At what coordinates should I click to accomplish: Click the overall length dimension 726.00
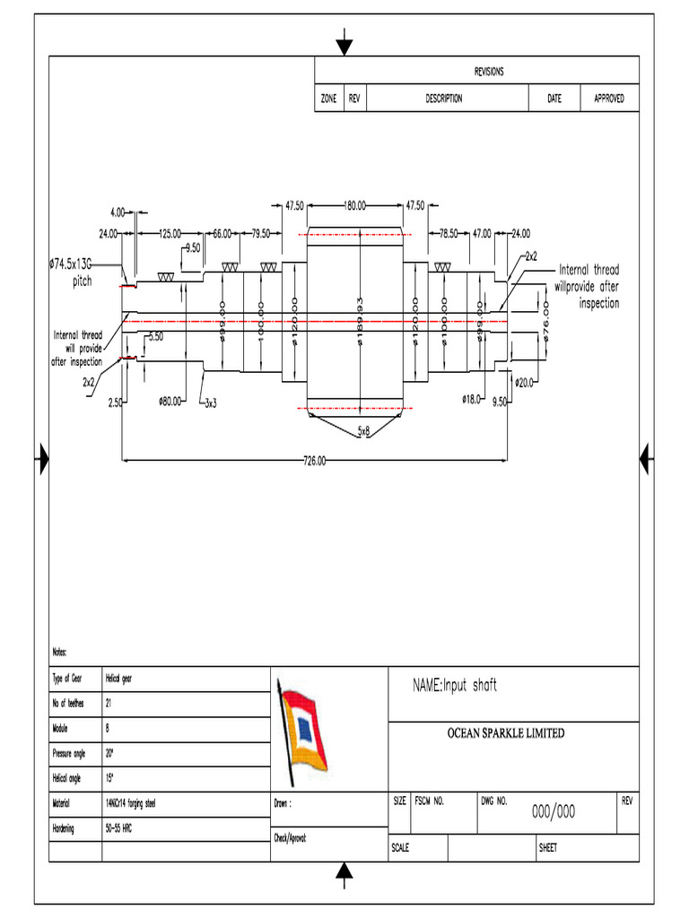[315, 462]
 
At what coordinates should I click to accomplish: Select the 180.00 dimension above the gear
[356, 205]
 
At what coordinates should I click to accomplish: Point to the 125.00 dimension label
[170, 233]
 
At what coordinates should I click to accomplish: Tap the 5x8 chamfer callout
[363, 432]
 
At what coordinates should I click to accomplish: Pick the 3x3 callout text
[212, 403]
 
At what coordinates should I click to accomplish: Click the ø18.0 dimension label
[473, 397]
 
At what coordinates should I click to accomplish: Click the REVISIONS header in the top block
[489, 72]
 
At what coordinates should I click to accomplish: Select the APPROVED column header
[609, 99]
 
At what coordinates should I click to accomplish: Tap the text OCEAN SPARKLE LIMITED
[506, 733]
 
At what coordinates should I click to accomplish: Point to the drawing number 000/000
[554, 812]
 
